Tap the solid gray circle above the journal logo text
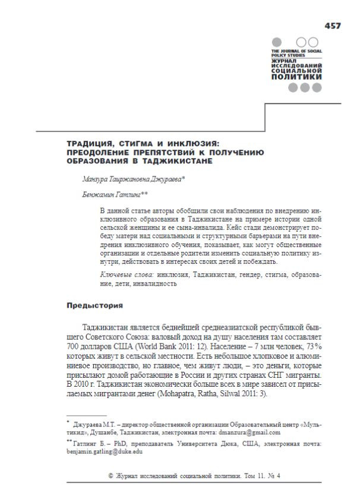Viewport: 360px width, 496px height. [276, 43]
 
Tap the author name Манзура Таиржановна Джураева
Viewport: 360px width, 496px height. [132, 178]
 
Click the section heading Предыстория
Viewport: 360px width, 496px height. [94, 306]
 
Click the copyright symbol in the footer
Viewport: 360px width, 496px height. [111, 476]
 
